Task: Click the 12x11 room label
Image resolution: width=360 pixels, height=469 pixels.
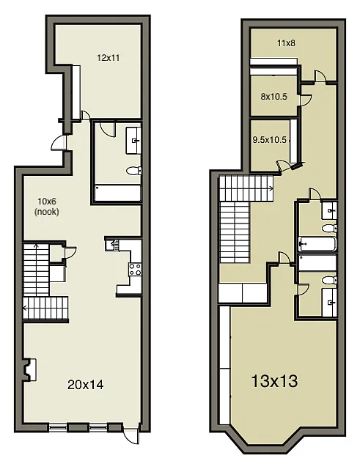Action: tap(109, 56)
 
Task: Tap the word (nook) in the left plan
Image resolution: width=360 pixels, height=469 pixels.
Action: tap(47, 212)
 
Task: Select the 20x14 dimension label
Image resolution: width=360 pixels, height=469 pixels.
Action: tap(84, 383)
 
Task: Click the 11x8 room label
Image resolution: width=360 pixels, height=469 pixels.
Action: tap(286, 43)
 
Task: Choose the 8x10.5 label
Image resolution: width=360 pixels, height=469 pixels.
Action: tap(273, 96)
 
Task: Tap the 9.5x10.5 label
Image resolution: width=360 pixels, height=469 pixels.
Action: tap(270, 139)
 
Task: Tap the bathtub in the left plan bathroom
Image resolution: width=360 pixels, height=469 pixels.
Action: tap(117, 193)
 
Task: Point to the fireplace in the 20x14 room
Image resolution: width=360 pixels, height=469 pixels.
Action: tap(29, 368)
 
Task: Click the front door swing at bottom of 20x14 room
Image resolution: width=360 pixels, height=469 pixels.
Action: tap(131, 434)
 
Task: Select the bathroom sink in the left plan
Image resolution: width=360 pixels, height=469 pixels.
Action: tap(135, 140)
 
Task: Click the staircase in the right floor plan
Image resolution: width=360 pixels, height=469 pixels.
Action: tap(235, 220)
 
